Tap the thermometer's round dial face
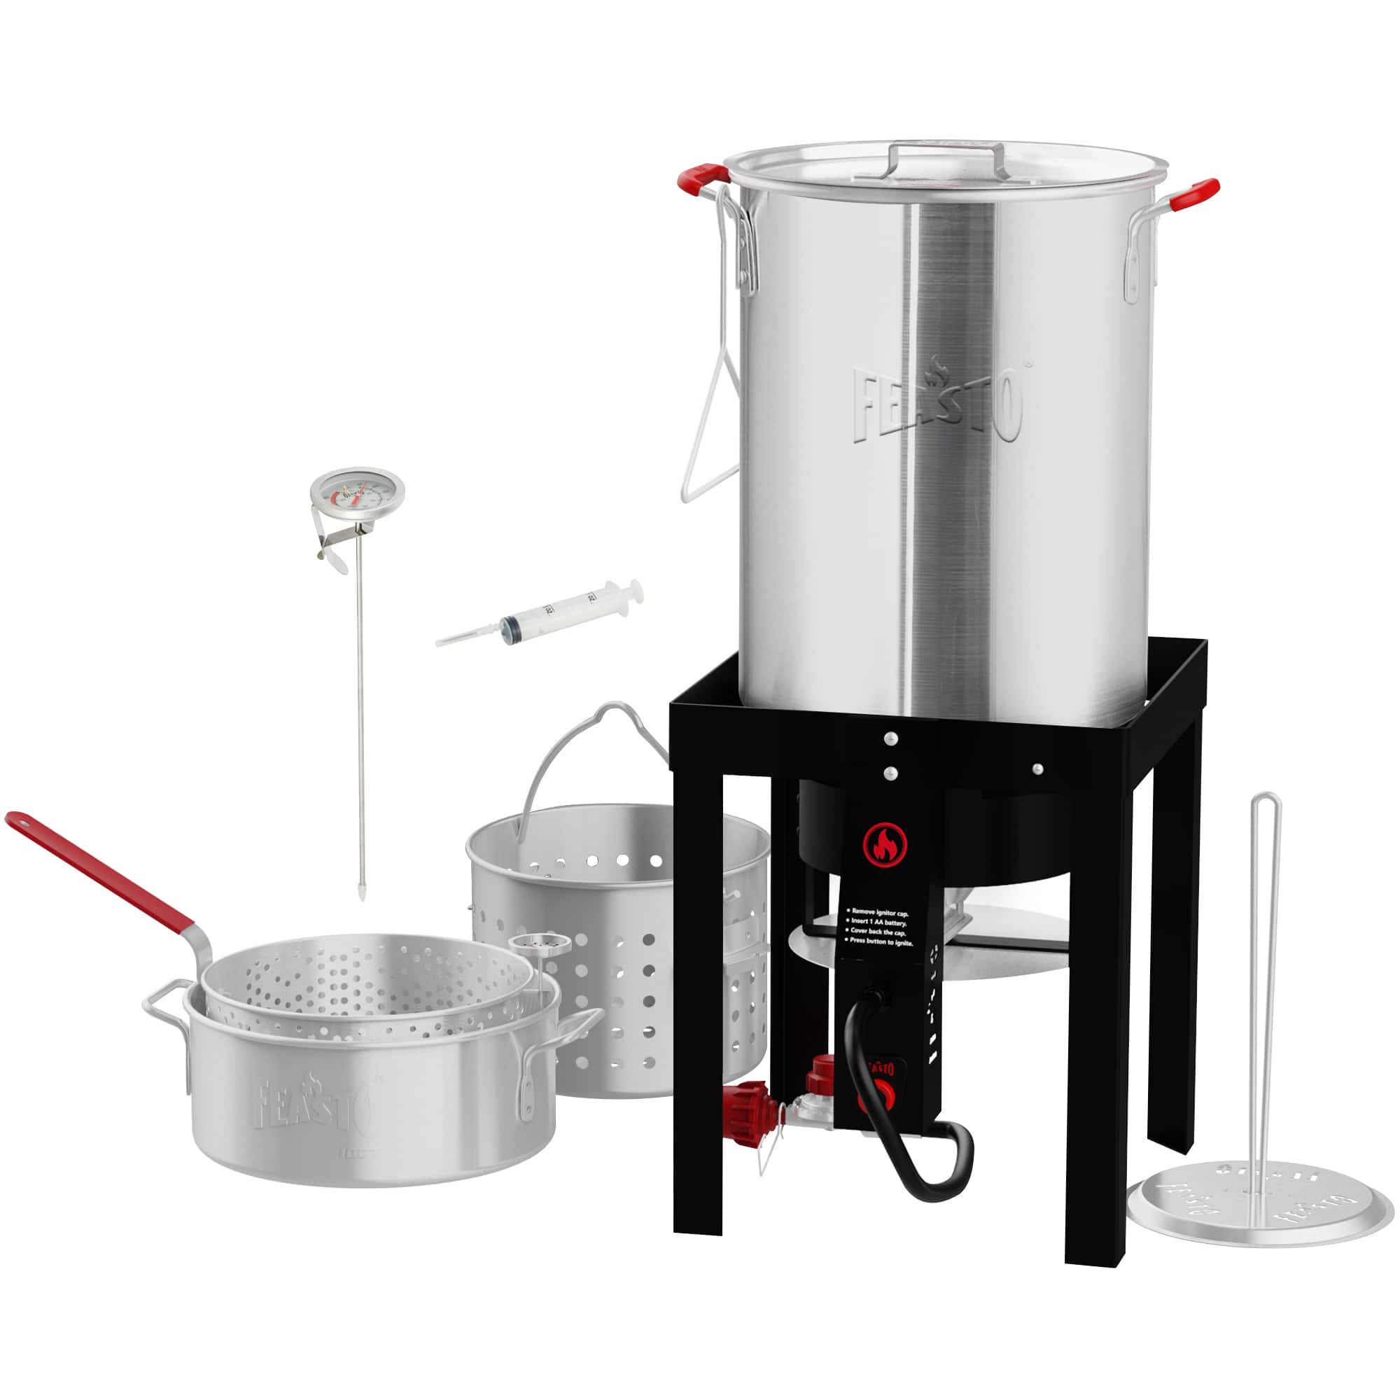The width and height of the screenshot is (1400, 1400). coord(356,493)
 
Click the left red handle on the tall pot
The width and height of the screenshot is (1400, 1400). coord(701,177)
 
